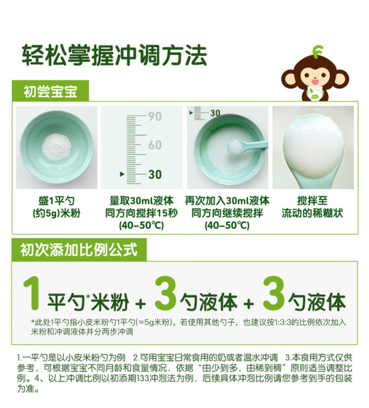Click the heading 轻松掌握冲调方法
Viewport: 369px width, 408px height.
(x=114, y=55)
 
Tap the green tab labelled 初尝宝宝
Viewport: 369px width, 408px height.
(x=50, y=91)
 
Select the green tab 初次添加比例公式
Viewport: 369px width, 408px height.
(x=79, y=249)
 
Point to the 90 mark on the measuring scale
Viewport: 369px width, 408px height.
(x=155, y=116)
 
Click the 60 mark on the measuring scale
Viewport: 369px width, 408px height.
(x=155, y=145)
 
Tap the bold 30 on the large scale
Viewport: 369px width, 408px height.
(x=155, y=174)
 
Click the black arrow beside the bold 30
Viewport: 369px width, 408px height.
(x=122, y=174)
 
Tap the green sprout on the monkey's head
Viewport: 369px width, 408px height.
(x=317, y=51)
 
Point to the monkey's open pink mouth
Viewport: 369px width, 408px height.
(x=315, y=82)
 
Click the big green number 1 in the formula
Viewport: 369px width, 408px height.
(x=32, y=294)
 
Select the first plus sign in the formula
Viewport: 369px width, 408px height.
(x=141, y=303)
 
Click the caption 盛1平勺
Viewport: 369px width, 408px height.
(x=57, y=201)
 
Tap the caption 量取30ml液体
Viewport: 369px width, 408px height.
(x=141, y=201)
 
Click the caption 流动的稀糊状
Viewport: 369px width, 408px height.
(x=312, y=213)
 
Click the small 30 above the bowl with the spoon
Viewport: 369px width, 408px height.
(x=215, y=113)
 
